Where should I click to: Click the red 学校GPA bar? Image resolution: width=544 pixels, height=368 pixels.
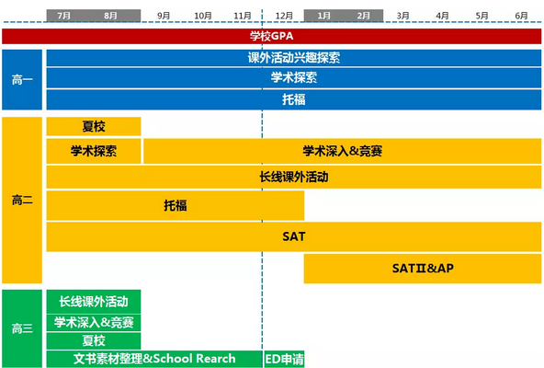pyautogui.click(x=271, y=36)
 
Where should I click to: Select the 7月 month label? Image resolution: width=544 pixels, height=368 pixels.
pyautogui.click(x=63, y=16)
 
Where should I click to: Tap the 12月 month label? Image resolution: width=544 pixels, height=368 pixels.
pyautogui.click(x=284, y=16)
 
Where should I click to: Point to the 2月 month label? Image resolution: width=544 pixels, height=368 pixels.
pyautogui.click(x=363, y=16)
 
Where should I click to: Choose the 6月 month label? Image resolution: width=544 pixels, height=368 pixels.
pyautogui.click(x=521, y=16)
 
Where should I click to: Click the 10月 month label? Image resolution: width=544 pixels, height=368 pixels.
pyautogui.click(x=203, y=16)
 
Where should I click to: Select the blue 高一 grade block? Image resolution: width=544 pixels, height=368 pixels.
pyautogui.click(x=22, y=79)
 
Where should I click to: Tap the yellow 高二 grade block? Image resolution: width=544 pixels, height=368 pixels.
pyautogui.click(x=22, y=201)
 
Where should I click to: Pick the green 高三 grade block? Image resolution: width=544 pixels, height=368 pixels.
pyautogui.click(x=22, y=328)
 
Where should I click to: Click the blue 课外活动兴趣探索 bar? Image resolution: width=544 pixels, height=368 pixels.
pyautogui.click(x=294, y=58)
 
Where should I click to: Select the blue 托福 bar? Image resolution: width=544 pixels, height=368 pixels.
pyautogui.click(x=294, y=99)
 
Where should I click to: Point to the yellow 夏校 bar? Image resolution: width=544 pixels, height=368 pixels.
pyautogui.click(x=94, y=126)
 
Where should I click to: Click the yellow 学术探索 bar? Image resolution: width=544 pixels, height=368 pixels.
pyautogui.click(x=94, y=151)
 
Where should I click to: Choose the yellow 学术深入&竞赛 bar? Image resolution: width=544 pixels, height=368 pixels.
pyautogui.click(x=343, y=151)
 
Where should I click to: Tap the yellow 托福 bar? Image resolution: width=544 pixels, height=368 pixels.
pyautogui.click(x=176, y=205)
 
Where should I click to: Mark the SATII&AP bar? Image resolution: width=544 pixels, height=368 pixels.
pyautogui.click(x=423, y=269)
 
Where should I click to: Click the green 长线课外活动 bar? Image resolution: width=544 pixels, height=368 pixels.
pyautogui.click(x=94, y=302)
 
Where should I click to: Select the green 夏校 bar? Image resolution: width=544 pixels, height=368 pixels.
pyautogui.click(x=94, y=340)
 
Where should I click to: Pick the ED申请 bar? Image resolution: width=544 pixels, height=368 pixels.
pyautogui.click(x=284, y=359)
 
